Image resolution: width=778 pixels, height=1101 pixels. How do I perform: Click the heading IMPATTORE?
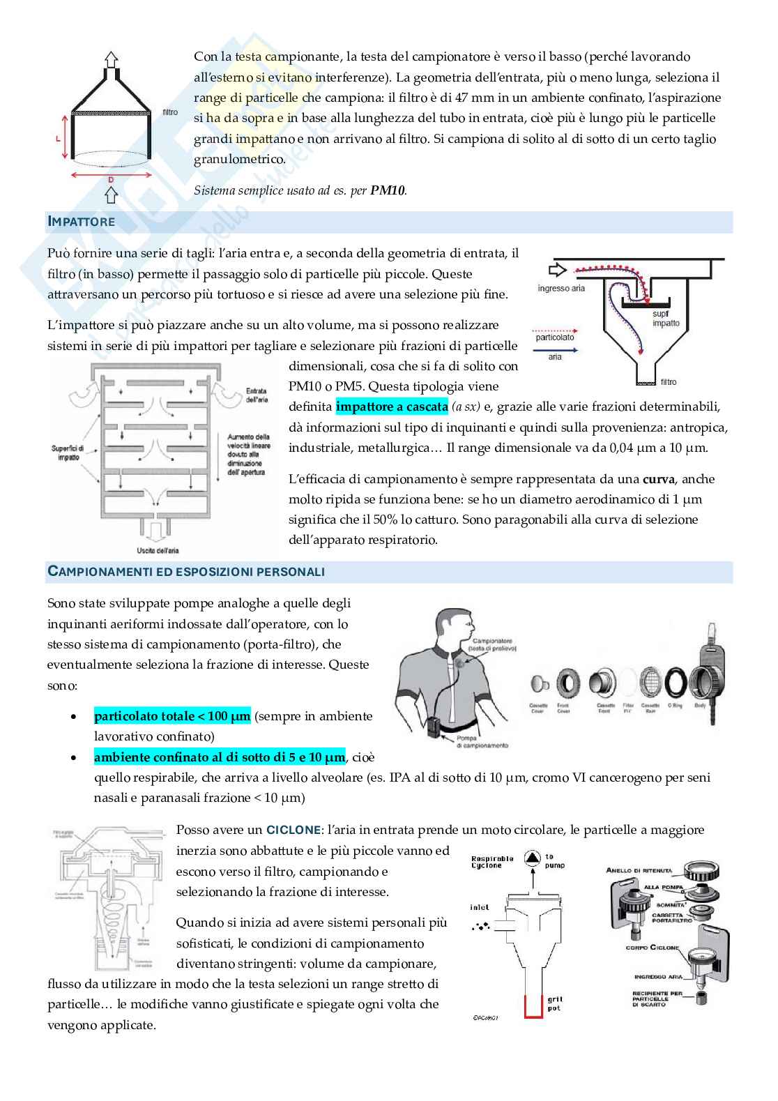coord(81,222)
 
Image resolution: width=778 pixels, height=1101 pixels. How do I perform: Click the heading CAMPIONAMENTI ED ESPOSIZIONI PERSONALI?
coord(185,572)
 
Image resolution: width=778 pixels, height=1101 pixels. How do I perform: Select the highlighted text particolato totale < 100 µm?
coord(172,716)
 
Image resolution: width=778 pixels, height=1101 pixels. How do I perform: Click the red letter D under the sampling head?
coord(111,180)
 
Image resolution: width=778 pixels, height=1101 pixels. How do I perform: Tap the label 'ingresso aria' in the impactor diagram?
coord(561,288)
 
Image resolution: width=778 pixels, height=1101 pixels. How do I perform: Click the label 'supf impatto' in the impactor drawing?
coord(666,319)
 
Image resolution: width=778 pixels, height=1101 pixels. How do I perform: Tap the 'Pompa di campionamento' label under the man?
coord(473,742)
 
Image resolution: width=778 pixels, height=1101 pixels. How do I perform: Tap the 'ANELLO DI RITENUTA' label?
coord(639,870)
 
